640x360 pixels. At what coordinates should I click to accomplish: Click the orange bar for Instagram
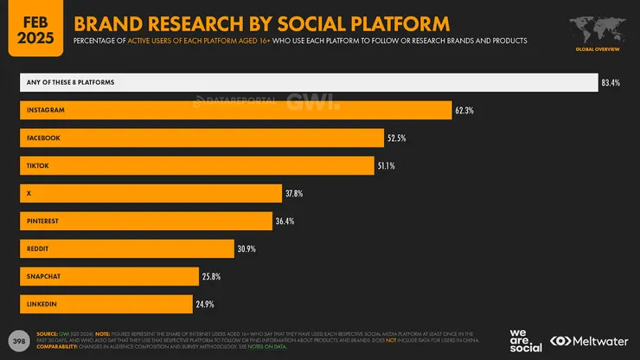pyautogui.click(x=235, y=110)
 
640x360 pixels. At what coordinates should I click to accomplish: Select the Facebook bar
pyautogui.click(x=202, y=138)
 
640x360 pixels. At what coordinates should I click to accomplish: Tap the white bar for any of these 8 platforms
pyautogui.click(x=309, y=82)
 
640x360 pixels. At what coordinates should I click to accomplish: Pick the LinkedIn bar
pyautogui.click(x=106, y=304)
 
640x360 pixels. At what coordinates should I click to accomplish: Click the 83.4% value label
pyautogui.click(x=611, y=83)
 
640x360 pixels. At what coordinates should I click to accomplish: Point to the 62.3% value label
pyautogui.click(x=464, y=111)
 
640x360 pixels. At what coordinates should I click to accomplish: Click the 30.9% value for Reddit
pyautogui.click(x=248, y=249)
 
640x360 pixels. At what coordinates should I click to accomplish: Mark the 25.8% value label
pyautogui.click(x=211, y=277)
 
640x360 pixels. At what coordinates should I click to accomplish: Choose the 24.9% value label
pyautogui.click(x=204, y=305)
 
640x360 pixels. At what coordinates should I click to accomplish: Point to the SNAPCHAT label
pyautogui.click(x=44, y=276)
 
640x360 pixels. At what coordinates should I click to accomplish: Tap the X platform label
pyautogui.click(x=29, y=193)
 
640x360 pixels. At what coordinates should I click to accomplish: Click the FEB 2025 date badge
pyautogui.click(x=36, y=28)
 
